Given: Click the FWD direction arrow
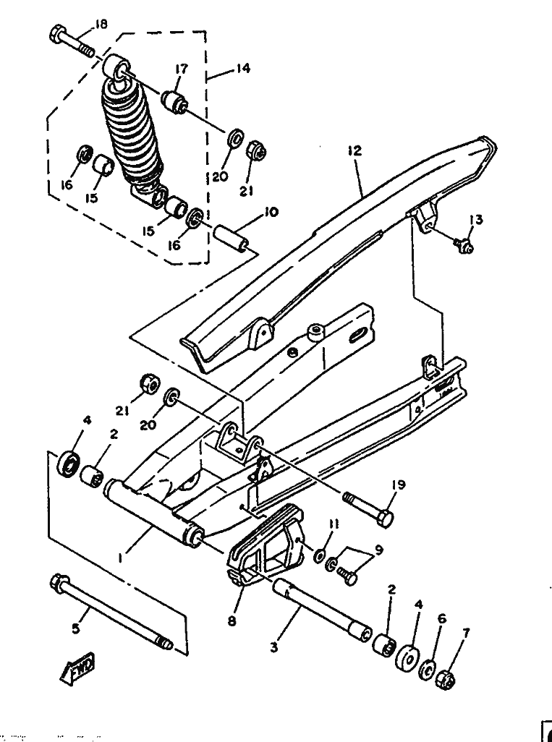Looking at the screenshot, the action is [77, 668].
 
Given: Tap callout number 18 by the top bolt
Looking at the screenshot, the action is [101, 24].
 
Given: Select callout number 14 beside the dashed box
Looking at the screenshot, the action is [243, 68].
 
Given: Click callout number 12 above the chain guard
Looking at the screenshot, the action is [354, 150].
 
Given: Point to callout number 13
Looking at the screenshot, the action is [476, 220].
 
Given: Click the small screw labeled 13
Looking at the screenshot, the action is [464, 245].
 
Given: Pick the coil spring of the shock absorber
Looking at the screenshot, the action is [133, 132].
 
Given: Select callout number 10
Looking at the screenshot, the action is [272, 211].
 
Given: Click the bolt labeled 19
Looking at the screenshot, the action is [368, 509].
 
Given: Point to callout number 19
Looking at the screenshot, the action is [399, 485].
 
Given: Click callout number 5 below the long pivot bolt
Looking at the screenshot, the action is [76, 629].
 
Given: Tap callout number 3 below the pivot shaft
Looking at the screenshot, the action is [274, 647].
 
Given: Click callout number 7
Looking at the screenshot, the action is [465, 633].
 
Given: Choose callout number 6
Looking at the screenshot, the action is [442, 618].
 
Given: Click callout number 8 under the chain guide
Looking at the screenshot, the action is [232, 621].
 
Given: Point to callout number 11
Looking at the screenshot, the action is [334, 524].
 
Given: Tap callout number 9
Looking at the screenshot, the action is [378, 550].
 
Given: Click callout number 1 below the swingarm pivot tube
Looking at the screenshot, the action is [121, 558].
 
